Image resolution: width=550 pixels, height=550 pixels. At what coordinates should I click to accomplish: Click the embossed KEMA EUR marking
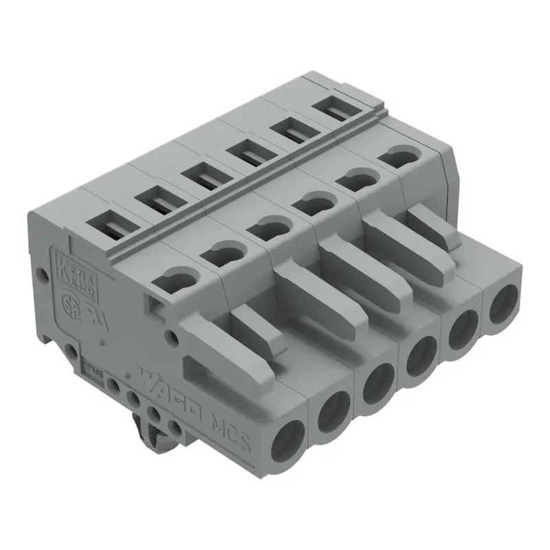click(x=77, y=272)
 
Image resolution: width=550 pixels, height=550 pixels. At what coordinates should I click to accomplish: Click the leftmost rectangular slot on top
click(x=110, y=228)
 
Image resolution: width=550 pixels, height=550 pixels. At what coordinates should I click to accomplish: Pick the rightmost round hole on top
click(x=399, y=157)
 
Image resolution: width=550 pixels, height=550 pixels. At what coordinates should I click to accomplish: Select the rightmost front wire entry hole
click(x=504, y=303)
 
